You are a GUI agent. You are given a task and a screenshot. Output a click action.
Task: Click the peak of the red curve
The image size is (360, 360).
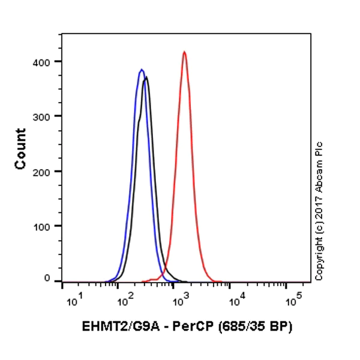pyautogui.click(x=184, y=52)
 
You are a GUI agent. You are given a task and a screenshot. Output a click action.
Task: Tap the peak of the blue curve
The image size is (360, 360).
pyautogui.click(x=142, y=70)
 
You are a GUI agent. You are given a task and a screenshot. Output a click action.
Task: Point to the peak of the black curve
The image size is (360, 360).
pyautogui.click(x=146, y=77)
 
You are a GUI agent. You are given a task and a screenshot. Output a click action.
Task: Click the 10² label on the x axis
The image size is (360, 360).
pyautogui.click(x=125, y=298)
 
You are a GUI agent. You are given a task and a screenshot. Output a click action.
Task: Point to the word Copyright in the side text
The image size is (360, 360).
pyautogui.click(x=319, y=255)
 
